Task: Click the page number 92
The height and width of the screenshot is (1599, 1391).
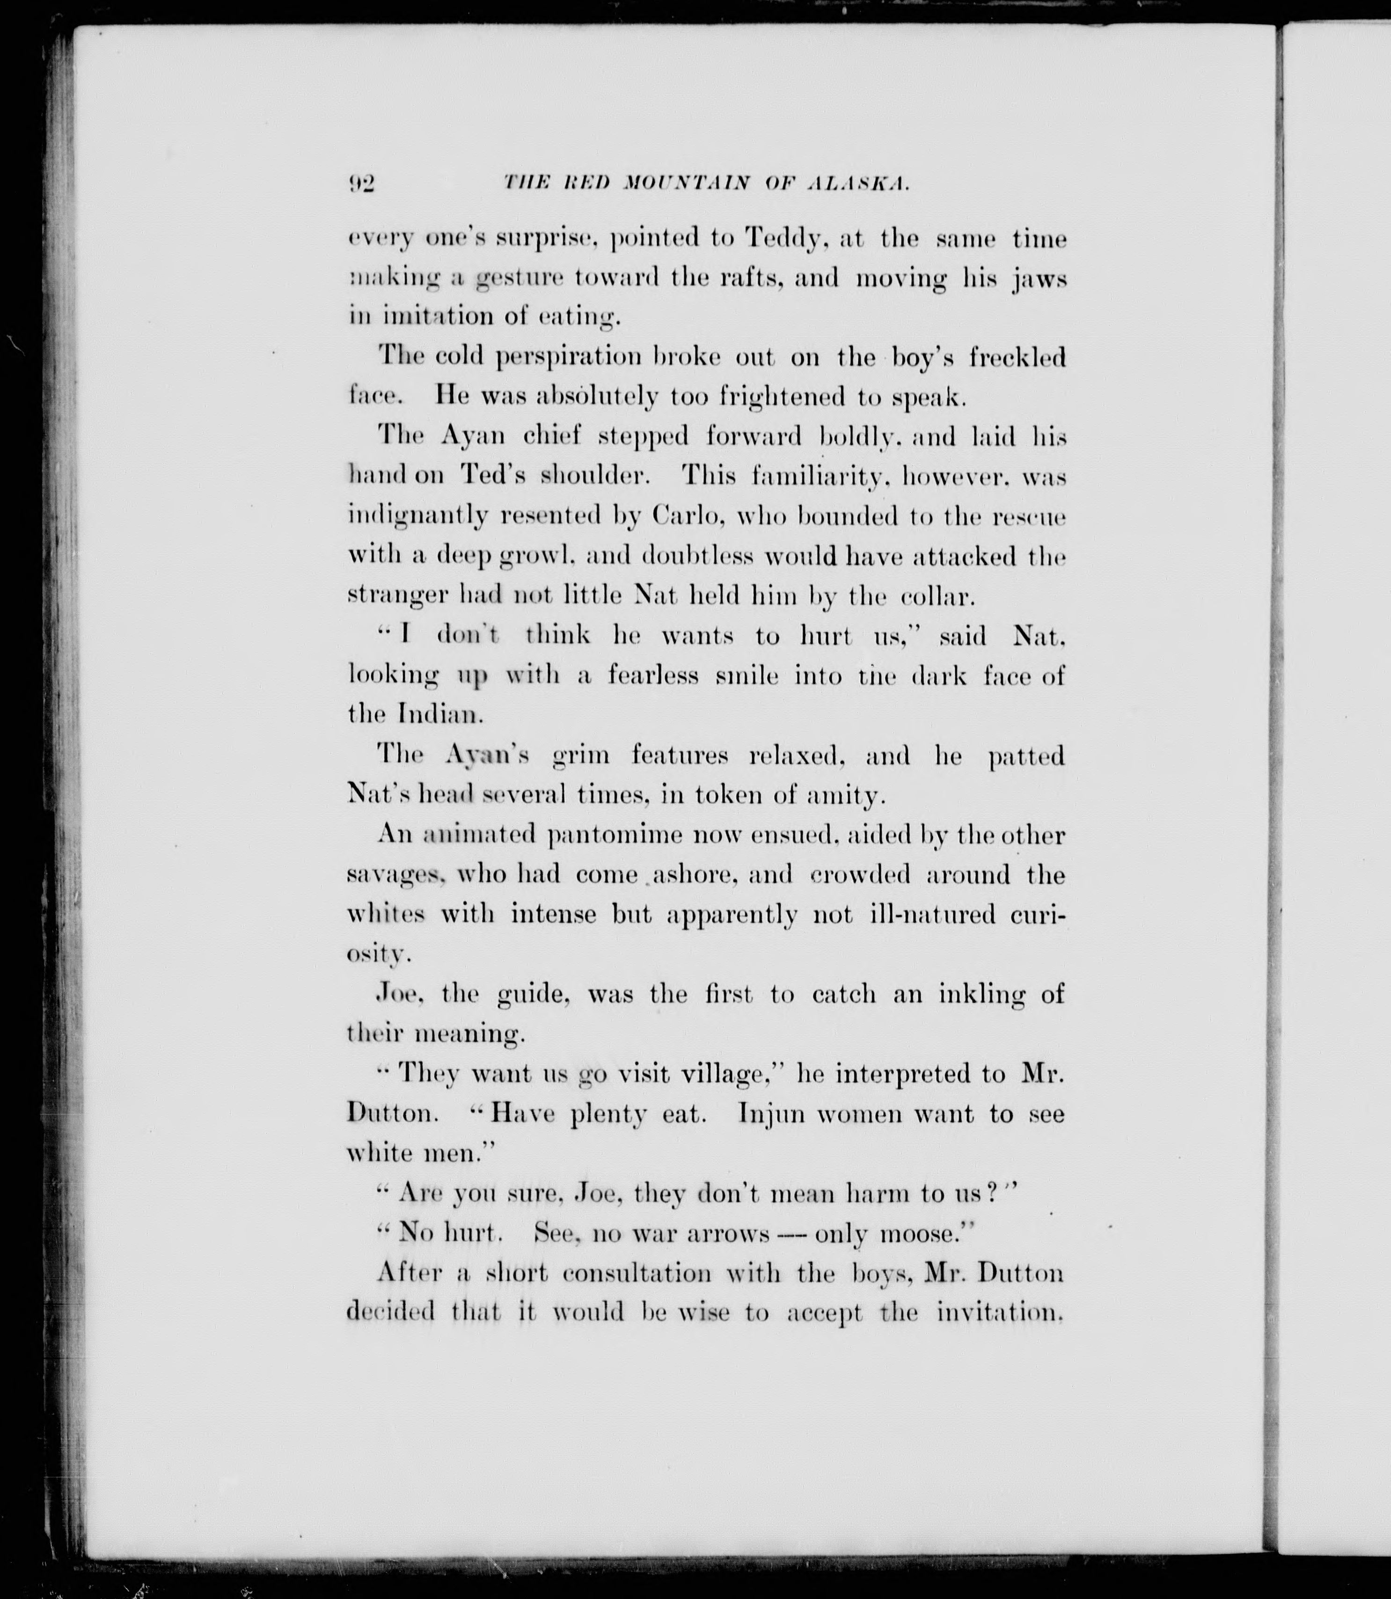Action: [x=362, y=183]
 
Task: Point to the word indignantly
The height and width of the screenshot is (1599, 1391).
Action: [x=417, y=517]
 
